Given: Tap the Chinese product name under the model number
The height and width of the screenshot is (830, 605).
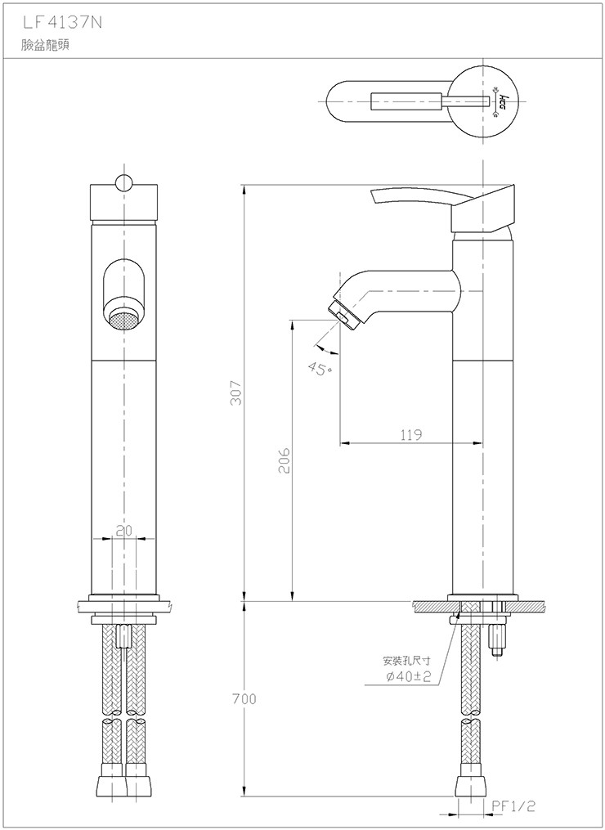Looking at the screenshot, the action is point(45,45).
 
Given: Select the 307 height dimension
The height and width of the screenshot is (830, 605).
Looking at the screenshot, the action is point(235,393).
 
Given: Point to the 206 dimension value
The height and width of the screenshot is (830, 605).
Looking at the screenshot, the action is point(285,460).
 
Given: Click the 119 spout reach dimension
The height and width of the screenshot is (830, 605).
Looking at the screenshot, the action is point(410,434).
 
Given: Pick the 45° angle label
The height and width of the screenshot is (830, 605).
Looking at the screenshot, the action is point(320,369).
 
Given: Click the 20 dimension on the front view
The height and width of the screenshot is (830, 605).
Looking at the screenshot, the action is point(123,531).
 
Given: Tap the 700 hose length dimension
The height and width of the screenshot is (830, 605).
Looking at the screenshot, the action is point(244,698).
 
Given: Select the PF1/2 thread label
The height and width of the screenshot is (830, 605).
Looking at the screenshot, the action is point(513,806).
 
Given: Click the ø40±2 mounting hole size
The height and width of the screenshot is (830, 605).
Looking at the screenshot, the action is point(409,676).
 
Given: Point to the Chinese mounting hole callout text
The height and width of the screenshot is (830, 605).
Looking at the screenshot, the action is point(406,661).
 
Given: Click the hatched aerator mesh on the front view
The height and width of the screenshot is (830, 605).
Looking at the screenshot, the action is point(123,321).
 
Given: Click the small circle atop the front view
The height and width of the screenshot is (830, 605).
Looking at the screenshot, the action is point(123,182).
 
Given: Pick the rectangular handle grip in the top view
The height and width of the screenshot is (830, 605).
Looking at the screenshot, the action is point(406,101).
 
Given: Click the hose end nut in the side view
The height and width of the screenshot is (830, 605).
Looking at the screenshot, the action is point(470,784).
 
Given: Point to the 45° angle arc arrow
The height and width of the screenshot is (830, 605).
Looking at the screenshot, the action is point(326,349).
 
